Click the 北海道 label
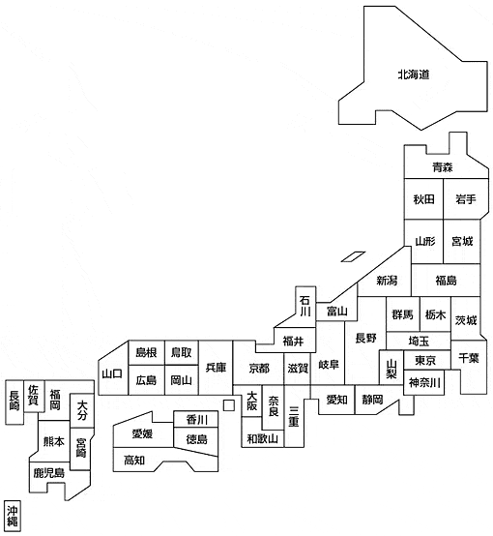pos(414,74)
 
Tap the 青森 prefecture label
pos(443,167)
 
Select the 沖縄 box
pos(13,517)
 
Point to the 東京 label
pos(425,360)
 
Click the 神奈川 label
pos(424,382)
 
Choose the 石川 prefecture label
pos(304,306)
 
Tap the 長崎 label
pos(14,401)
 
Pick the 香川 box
pos(196,419)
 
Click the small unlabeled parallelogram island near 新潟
pos(353,256)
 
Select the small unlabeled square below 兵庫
pos(229,405)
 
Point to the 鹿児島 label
pos(49,473)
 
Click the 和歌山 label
pos(262,438)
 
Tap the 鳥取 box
pos(182,352)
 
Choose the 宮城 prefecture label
pos(462,241)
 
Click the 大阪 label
pos(251,401)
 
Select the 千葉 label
pos(469,358)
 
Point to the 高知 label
pos(134,461)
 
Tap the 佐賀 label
pos(33,395)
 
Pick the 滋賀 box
pos(297,369)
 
